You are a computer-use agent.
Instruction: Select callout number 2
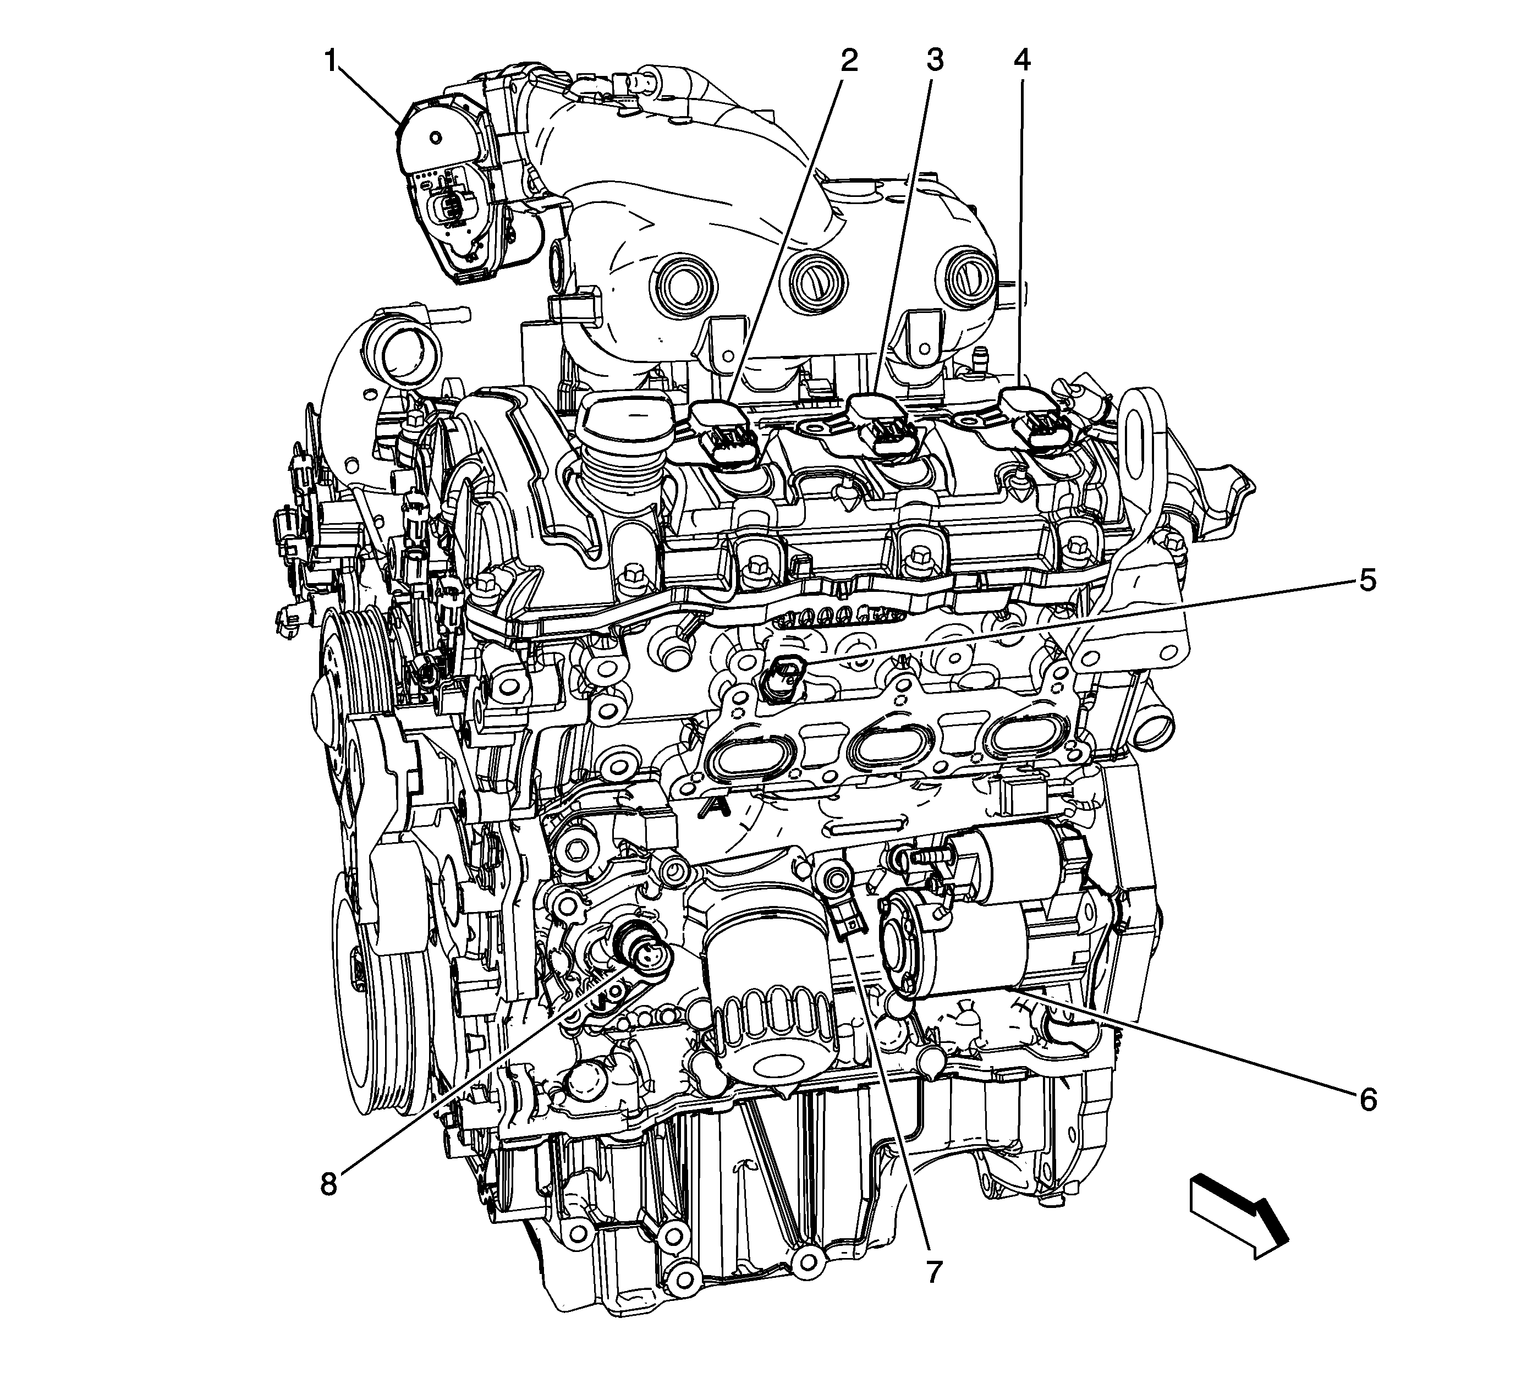pos(849,59)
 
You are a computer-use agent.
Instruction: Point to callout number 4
pos(1021,59)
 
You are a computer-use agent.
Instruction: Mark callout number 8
pos(328,1184)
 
